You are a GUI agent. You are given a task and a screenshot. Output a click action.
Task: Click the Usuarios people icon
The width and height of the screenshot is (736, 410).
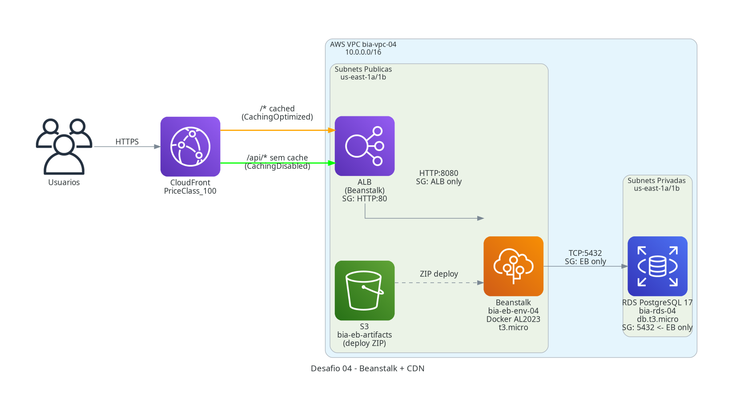pos(64,146)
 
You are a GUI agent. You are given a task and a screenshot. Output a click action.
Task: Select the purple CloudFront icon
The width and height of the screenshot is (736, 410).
pos(190,147)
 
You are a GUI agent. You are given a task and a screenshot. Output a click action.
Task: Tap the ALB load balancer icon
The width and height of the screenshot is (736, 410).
pos(365,146)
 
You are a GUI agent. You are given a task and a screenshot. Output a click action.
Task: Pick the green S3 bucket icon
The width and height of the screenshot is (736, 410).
pos(365,291)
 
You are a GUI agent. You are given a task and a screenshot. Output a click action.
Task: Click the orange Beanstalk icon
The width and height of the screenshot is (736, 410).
pos(513,266)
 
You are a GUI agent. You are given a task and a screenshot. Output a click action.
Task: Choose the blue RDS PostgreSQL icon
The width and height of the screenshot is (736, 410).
pos(657,266)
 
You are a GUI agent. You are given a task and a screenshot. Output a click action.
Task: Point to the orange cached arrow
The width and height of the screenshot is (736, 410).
pos(278,130)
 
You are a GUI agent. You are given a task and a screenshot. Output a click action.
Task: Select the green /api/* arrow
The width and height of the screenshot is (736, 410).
pos(278,163)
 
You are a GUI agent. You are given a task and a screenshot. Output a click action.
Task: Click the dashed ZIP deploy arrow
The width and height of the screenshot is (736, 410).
pos(439,283)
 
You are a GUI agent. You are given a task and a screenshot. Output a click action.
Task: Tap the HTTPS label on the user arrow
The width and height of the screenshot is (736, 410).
pos(127,142)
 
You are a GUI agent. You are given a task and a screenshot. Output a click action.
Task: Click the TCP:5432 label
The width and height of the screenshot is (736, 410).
pos(585,253)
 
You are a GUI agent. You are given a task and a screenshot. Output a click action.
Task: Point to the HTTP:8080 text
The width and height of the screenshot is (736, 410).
pos(438,173)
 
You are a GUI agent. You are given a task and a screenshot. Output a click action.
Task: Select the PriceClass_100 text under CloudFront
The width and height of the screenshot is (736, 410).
pos(190,191)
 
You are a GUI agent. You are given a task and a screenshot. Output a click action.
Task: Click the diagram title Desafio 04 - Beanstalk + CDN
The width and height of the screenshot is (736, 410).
pos(368,368)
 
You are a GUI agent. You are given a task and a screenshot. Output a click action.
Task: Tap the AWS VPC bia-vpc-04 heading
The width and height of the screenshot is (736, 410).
pos(363,44)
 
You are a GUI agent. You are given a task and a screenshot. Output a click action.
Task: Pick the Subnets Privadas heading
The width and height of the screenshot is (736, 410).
pos(656,180)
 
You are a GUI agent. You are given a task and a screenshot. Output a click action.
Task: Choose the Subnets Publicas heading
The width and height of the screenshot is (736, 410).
pos(363,69)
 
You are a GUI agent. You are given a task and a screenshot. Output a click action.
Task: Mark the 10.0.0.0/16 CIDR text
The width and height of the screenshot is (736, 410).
pos(363,52)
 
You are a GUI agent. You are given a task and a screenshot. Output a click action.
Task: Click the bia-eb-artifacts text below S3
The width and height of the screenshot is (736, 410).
pos(365,335)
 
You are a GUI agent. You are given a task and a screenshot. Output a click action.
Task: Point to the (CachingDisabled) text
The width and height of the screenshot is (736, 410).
pos(278,166)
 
